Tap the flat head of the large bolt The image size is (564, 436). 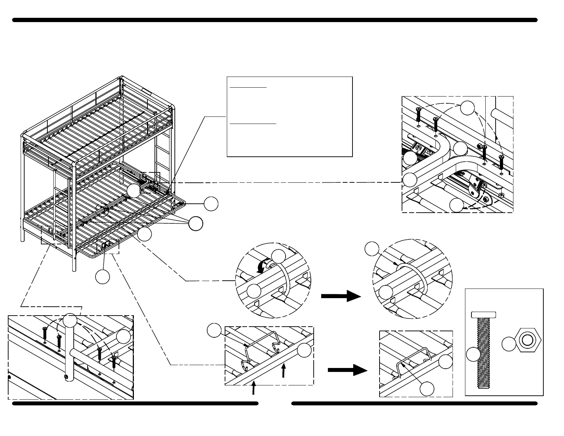(x=484, y=315)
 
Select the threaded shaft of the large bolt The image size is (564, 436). (x=484, y=353)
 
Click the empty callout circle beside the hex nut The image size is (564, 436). (x=509, y=344)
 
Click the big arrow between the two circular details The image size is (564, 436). (x=341, y=296)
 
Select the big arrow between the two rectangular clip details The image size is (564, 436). (x=347, y=370)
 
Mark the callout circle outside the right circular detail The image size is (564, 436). (x=372, y=249)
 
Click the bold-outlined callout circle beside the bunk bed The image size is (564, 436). (x=195, y=223)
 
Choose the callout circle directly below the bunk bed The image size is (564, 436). (x=103, y=277)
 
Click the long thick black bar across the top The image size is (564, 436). (x=275, y=20)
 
